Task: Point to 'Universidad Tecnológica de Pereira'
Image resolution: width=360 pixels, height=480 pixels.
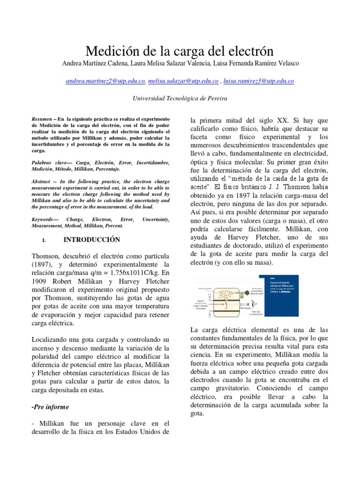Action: (180, 98)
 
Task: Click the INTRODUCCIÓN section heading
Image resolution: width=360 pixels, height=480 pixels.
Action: (92, 240)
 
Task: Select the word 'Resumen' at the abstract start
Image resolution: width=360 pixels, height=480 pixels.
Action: (42, 120)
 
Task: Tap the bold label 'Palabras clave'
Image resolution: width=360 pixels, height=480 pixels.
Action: (48, 162)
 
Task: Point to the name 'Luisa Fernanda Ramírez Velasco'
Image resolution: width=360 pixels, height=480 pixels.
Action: (253, 64)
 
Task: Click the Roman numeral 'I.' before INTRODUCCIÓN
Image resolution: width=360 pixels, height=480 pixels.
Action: (44, 240)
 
